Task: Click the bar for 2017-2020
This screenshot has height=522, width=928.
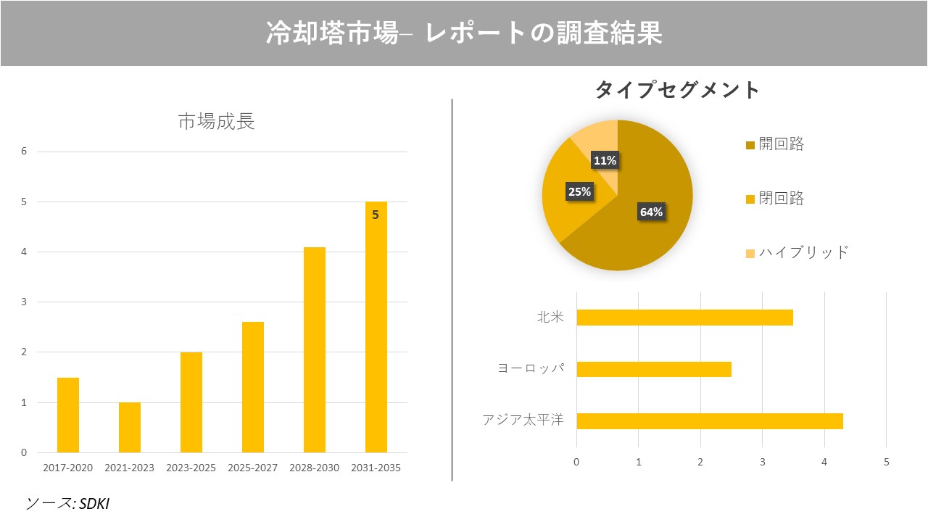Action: coord(68,415)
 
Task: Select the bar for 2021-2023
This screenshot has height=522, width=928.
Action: coord(130,427)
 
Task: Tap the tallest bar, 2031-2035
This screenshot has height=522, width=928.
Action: coord(376,327)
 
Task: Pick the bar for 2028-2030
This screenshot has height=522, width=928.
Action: coord(315,349)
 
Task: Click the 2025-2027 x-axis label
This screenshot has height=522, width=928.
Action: coord(252,468)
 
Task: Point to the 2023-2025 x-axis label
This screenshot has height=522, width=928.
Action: coord(191,468)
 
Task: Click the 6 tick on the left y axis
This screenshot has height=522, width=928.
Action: coord(24,152)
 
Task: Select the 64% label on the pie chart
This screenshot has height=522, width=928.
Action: coord(651,212)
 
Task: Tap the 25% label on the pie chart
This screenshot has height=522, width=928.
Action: coord(579,191)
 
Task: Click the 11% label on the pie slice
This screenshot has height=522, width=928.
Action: coord(605,160)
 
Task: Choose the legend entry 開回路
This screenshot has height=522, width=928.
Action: coord(781,144)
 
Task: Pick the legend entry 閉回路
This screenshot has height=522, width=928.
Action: coord(781,199)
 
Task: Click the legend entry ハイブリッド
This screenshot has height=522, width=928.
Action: coord(803,252)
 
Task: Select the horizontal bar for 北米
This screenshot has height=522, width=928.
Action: coord(684,318)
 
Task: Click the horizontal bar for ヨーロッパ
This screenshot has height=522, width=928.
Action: coord(653,369)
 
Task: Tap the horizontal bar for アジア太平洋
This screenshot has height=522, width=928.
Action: coord(709,420)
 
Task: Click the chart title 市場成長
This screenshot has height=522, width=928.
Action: coord(216,122)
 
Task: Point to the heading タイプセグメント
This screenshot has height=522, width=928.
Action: coord(677,90)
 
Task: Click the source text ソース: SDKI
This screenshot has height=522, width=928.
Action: coord(68,503)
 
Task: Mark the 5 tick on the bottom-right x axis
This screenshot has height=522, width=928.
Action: coord(886,462)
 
